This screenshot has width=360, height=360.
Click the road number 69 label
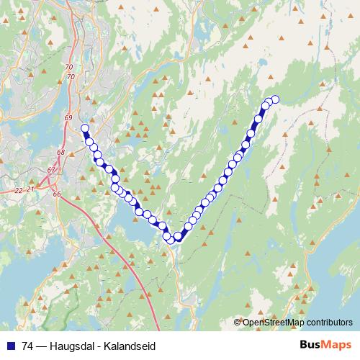[x=68, y=117]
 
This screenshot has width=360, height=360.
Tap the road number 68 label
[x=60, y=153]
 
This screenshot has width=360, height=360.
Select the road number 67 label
[x=51, y=170]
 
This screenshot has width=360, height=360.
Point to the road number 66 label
[x=56, y=195]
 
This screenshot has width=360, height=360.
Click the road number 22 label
[x=18, y=190]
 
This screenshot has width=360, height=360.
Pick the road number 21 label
[x=30, y=189]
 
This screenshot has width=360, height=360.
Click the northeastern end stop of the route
[x=274, y=99]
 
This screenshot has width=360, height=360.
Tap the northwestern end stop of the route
[x=85, y=129]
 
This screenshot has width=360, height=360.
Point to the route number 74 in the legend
[x=28, y=346]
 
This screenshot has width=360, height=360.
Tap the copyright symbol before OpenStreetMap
[x=238, y=322]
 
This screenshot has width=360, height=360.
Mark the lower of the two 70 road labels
[x=71, y=76]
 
